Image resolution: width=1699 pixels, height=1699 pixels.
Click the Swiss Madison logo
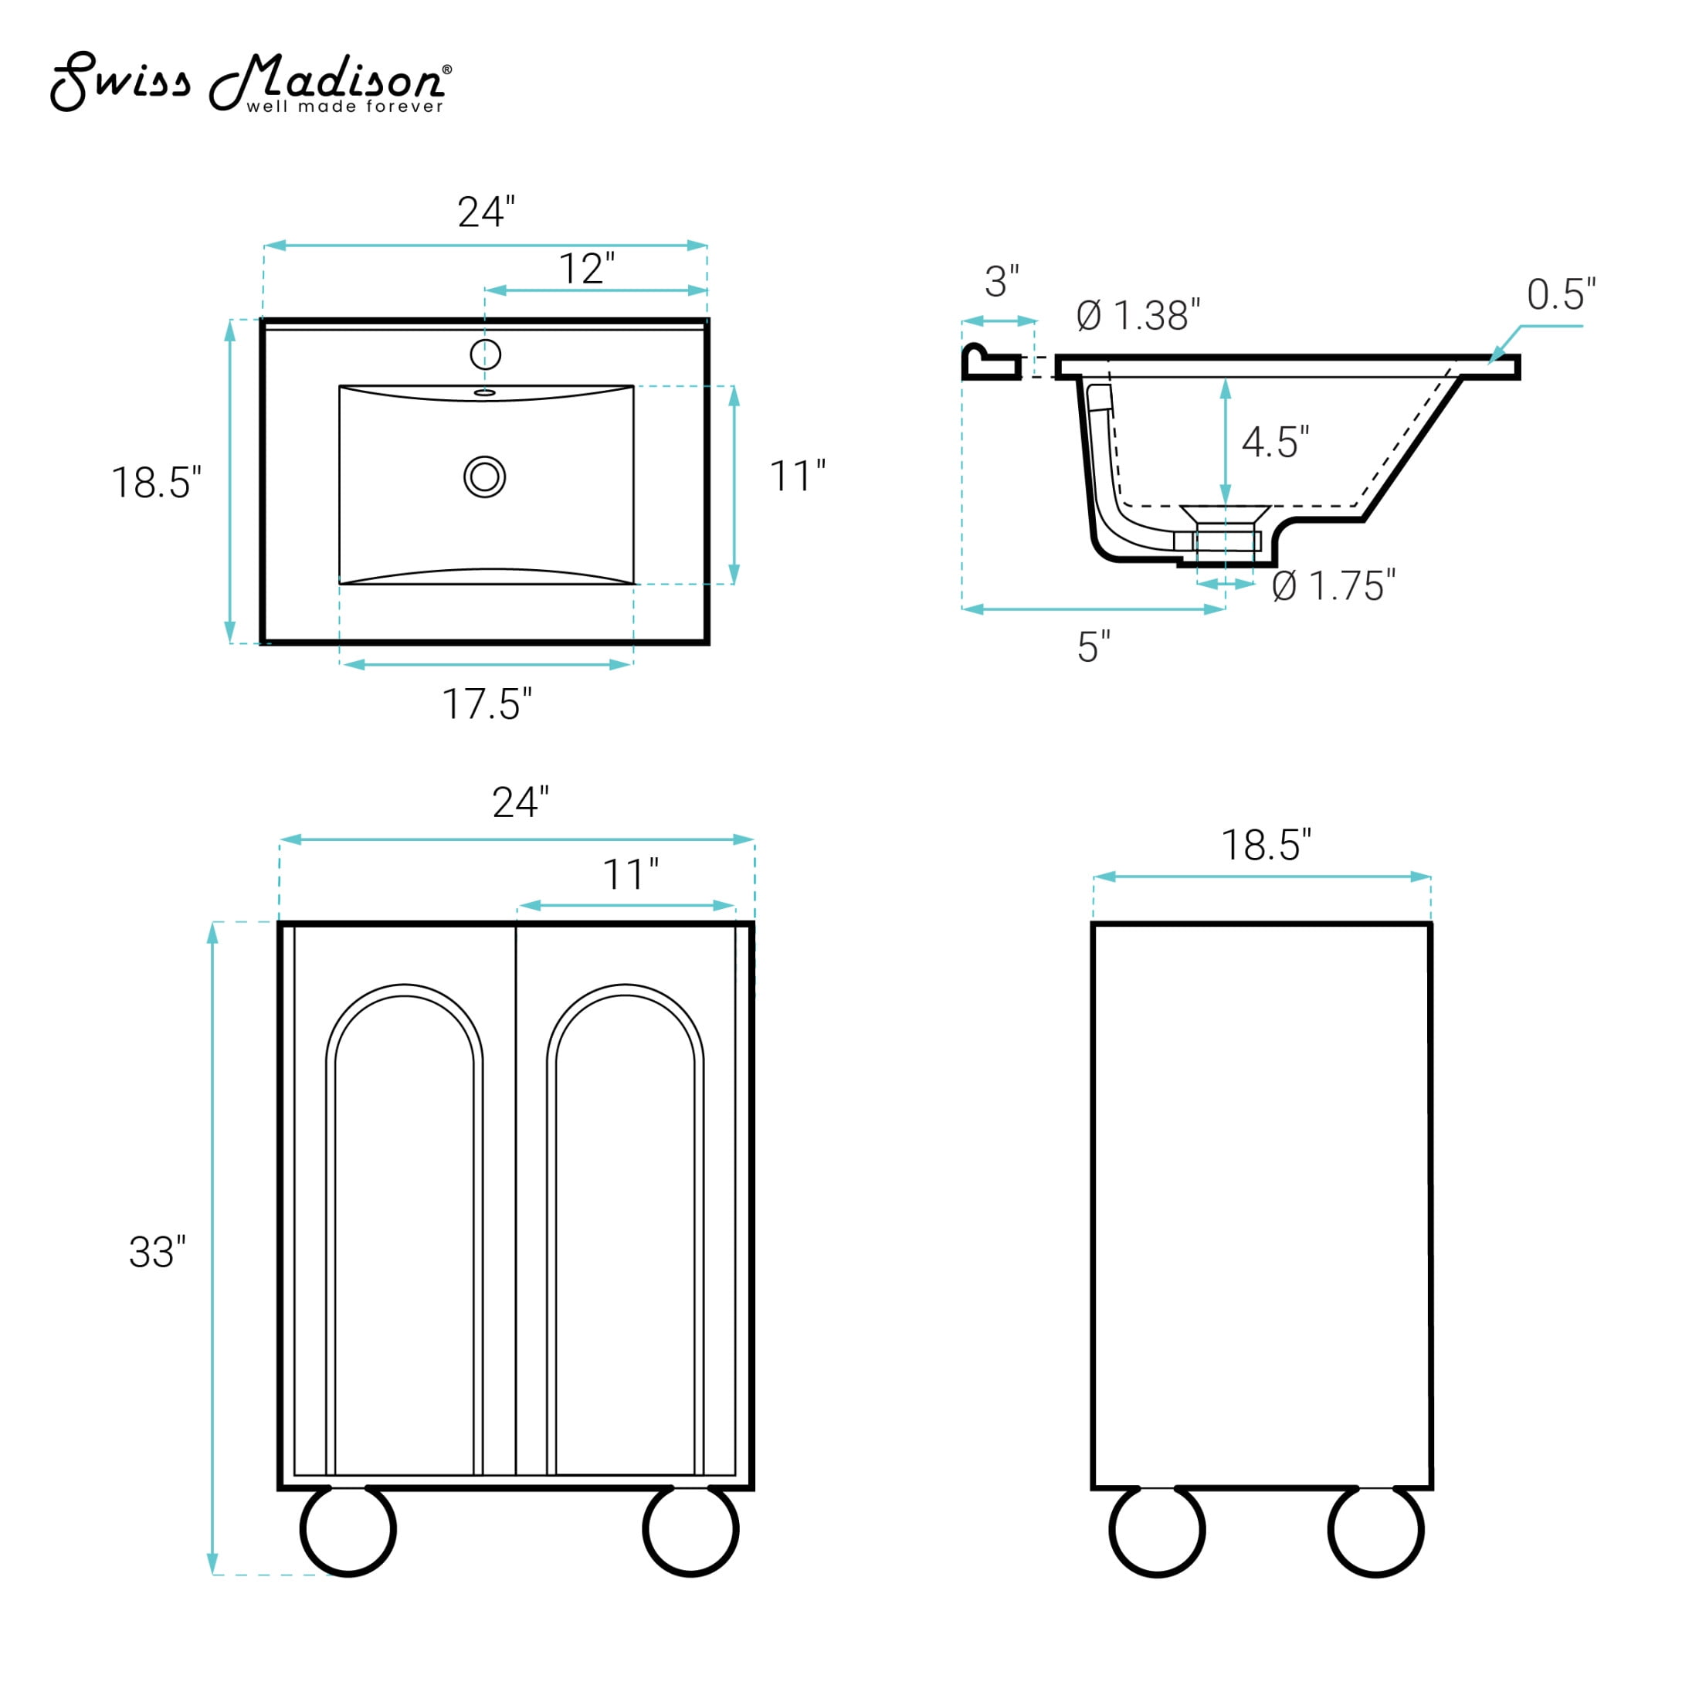tap(251, 83)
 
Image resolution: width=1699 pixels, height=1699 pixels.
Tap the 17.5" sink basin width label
tap(487, 704)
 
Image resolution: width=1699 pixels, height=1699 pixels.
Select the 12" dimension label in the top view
tap(587, 269)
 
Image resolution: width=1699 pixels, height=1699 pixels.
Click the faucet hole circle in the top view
tap(486, 354)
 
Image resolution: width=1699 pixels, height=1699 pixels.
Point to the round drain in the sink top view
tap(484, 476)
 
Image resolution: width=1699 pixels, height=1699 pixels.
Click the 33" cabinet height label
tap(157, 1253)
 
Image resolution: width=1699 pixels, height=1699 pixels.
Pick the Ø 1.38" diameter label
tap(1138, 316)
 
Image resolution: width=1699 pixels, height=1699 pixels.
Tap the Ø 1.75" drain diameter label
tap(1333, 585)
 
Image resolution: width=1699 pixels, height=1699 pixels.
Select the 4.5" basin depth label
tap(1275, 442)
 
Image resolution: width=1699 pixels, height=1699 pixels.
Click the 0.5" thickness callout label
tap(1561, 294)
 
